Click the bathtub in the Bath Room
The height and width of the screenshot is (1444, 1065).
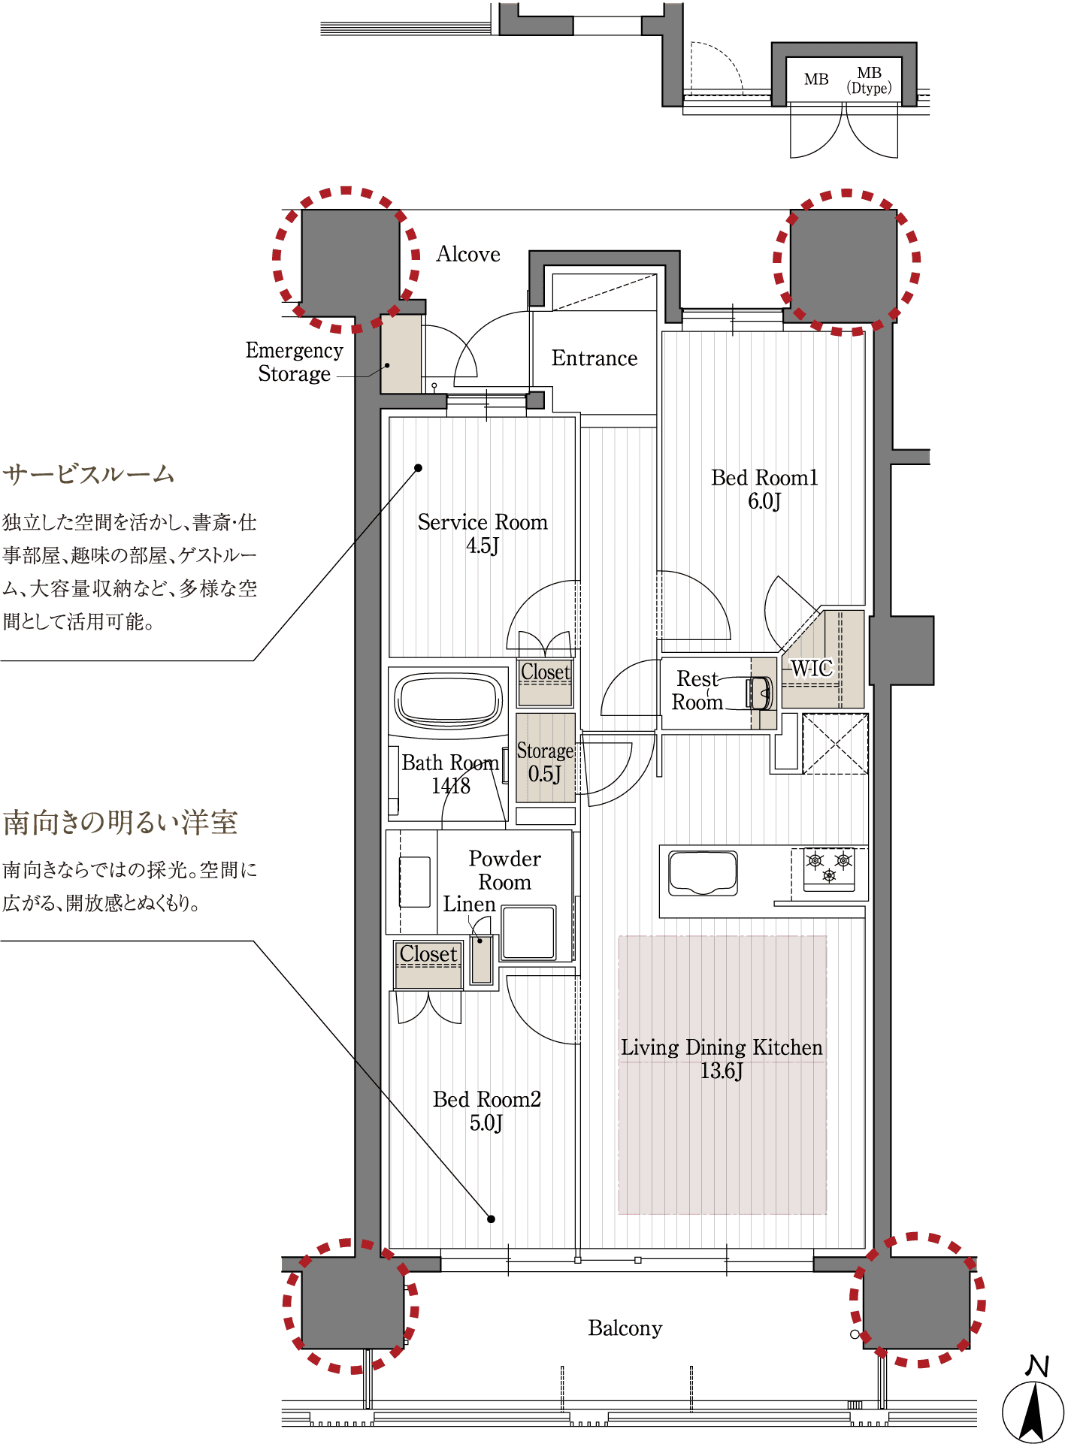pos(449,699)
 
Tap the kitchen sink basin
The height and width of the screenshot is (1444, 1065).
pos(703,872)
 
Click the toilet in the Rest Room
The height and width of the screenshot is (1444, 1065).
pos(759,693)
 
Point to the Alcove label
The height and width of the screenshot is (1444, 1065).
pos(468,254)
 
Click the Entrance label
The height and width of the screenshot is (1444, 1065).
pos(595,358)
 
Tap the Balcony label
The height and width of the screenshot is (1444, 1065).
pos(625,1328)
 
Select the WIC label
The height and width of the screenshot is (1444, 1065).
pos(812,668)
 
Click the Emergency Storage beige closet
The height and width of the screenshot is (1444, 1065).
pos(401,354)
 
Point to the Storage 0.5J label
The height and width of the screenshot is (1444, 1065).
pos(545,762)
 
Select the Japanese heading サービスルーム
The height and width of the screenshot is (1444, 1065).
pos(89,474)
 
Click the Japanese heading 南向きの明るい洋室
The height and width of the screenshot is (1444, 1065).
pos(120,823)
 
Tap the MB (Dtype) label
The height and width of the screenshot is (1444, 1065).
pos(870,80)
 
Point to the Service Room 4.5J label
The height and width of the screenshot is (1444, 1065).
pos(483,533)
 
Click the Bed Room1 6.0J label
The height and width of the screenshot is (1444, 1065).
pos(764,489)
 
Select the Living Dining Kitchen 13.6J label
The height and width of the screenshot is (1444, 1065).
pos(722,1059)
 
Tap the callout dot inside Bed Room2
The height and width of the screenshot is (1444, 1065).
pos(491,1219)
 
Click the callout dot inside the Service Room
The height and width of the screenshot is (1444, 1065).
pos(419,468)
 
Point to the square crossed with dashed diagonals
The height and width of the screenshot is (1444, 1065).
pos(835,744)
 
